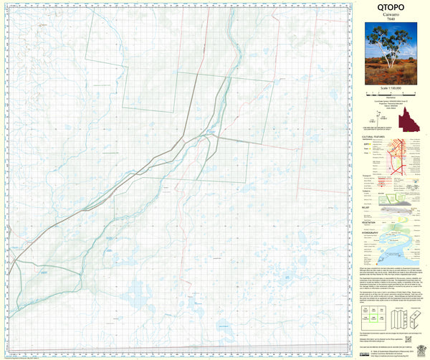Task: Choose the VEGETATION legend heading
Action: tap(372, 223)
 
